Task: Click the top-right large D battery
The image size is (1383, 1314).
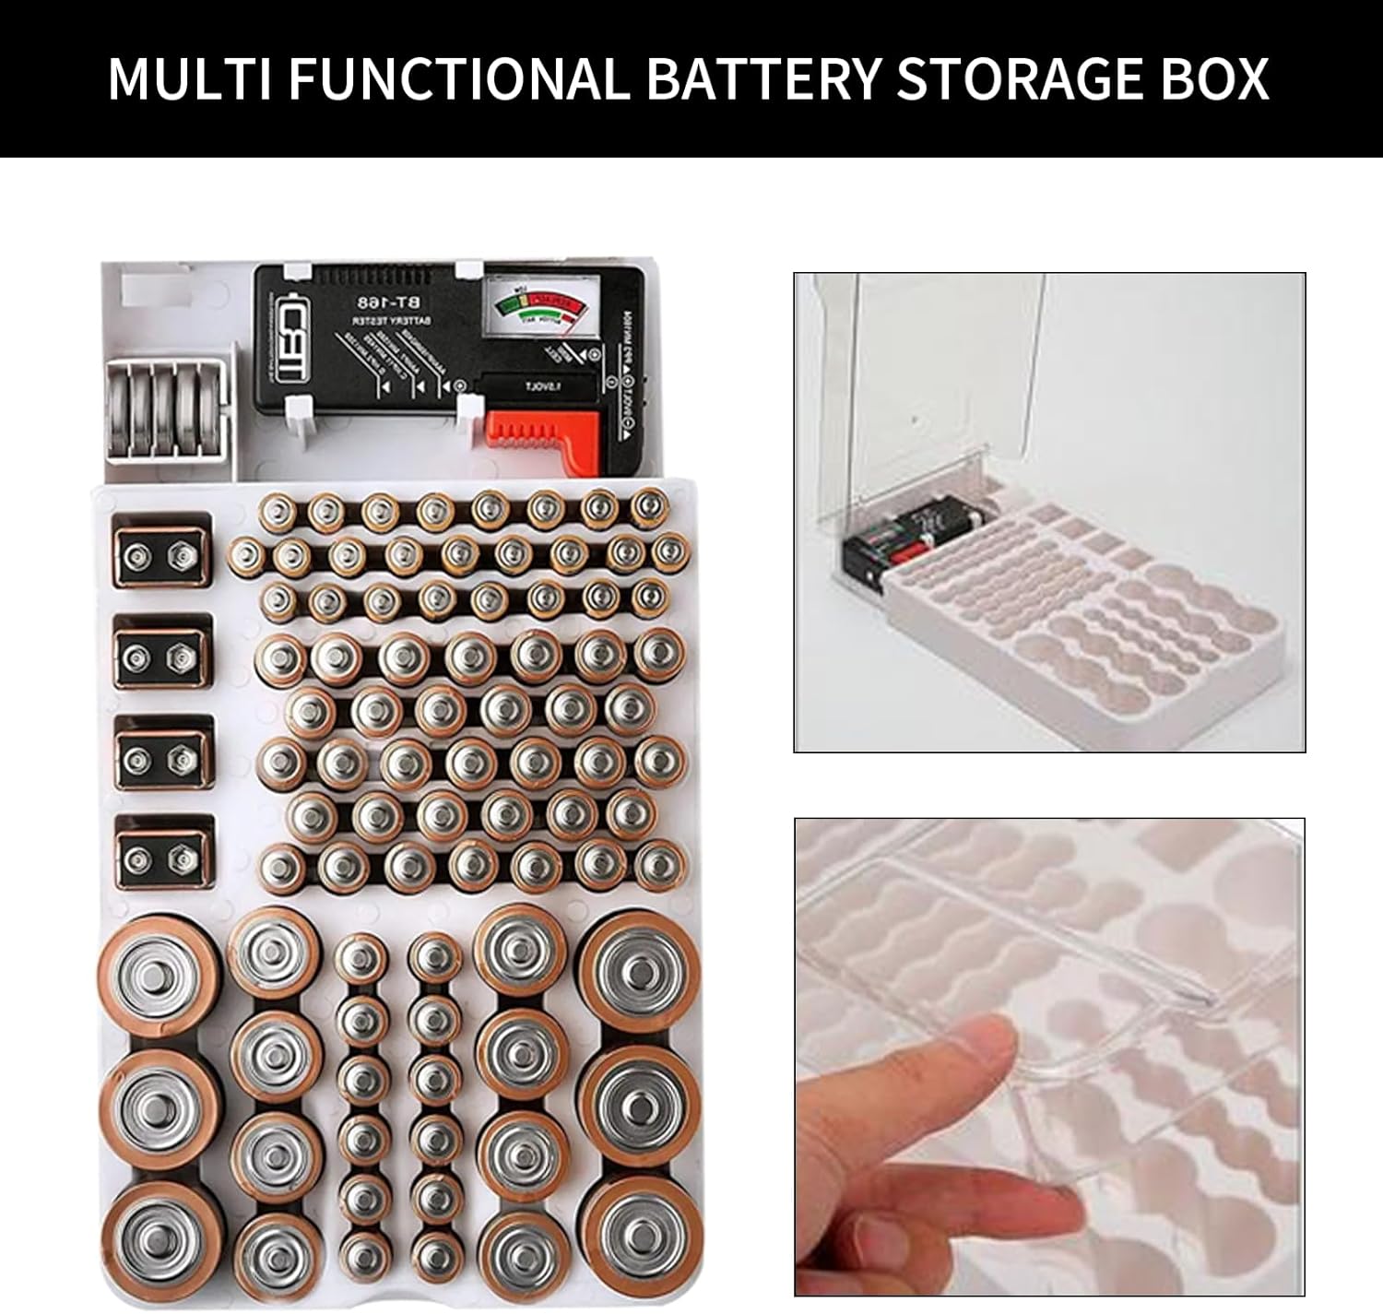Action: pos(639,973)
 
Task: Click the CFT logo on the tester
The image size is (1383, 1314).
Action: pos(289,350)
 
